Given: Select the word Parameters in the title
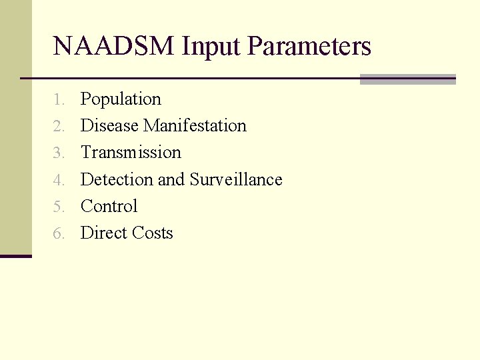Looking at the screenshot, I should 309,47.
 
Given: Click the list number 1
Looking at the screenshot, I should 59,100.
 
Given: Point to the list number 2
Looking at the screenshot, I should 59,127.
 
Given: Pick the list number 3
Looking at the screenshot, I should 59,153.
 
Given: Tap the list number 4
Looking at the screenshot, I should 59,180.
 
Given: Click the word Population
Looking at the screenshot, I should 121,99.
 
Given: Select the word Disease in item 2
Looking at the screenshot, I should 110,126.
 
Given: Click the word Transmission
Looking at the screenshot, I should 131,153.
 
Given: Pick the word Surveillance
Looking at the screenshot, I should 236,179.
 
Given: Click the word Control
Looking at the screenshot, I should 109,207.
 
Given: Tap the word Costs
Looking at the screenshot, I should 152,233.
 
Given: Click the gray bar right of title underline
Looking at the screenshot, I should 407,79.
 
